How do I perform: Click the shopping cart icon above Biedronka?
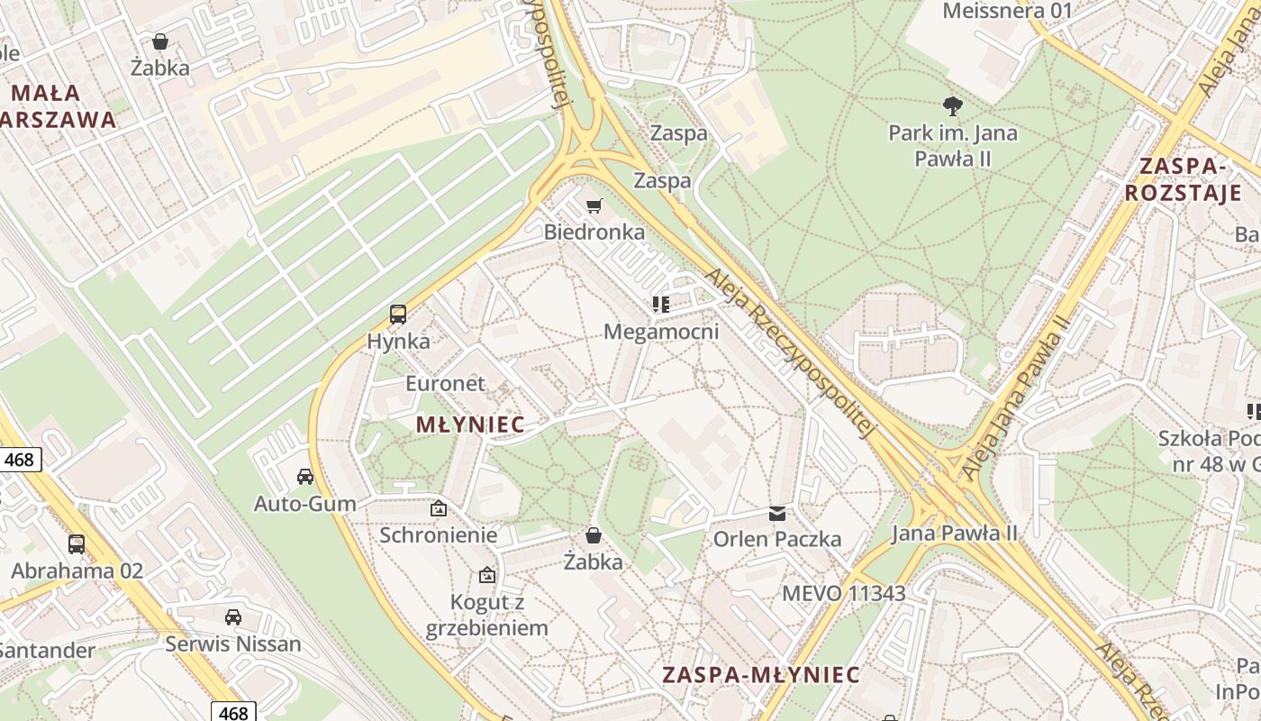594,206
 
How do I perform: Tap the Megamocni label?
661,332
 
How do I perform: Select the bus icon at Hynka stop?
398,315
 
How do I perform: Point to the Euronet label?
445,383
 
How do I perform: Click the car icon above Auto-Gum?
305,476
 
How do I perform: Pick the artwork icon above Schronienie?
438,508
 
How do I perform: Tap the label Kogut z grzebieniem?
487,615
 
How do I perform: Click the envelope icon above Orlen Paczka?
776,514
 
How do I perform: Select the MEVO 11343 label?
843,593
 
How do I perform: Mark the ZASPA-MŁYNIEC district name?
761,675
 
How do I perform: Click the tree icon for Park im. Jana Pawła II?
952,106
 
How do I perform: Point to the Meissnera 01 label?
1007,11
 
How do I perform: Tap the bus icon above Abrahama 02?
77,544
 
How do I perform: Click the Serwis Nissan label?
233,643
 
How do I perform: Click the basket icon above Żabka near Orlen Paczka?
594,535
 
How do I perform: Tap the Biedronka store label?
594,232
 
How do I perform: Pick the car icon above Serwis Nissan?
233,617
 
